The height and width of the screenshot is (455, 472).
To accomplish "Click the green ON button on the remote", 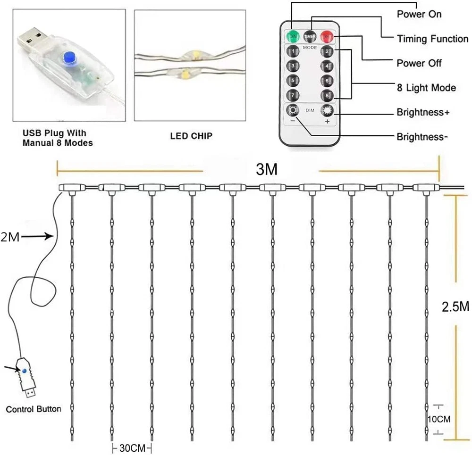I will (293, 36).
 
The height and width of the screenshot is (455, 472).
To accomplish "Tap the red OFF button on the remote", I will (326, 36).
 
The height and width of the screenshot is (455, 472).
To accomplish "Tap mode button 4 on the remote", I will (326, 66).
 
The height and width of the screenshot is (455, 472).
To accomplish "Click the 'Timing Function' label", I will (432, 39).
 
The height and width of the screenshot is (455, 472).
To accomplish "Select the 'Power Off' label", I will (419, 63).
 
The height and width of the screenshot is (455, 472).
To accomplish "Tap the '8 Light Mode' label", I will (426, 87).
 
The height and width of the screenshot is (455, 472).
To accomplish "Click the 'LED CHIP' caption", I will (191, 136).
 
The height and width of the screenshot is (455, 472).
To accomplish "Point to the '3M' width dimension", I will (266, 169).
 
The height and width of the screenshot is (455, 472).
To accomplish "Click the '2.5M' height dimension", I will (455, 306).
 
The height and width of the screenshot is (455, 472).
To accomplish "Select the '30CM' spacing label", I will (132, 447).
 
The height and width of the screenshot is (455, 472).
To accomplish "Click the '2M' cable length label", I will (10, 237).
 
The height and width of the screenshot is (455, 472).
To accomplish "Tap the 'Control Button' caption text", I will (34, 409).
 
